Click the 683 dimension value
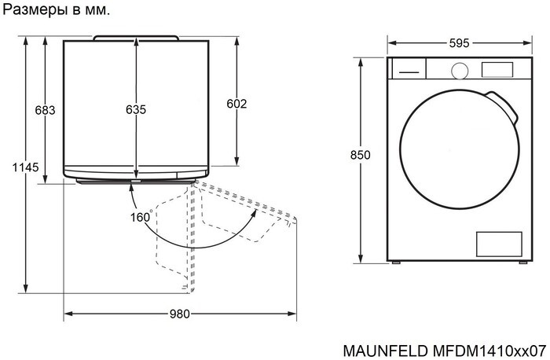46,110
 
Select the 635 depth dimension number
136,110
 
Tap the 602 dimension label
236,104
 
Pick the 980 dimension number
180,314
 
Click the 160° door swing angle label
141,218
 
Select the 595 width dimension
460,44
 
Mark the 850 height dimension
360,155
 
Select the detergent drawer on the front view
407,69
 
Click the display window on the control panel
495,69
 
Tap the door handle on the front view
504,108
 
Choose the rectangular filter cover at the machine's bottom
499,243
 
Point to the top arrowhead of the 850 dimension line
360,61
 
